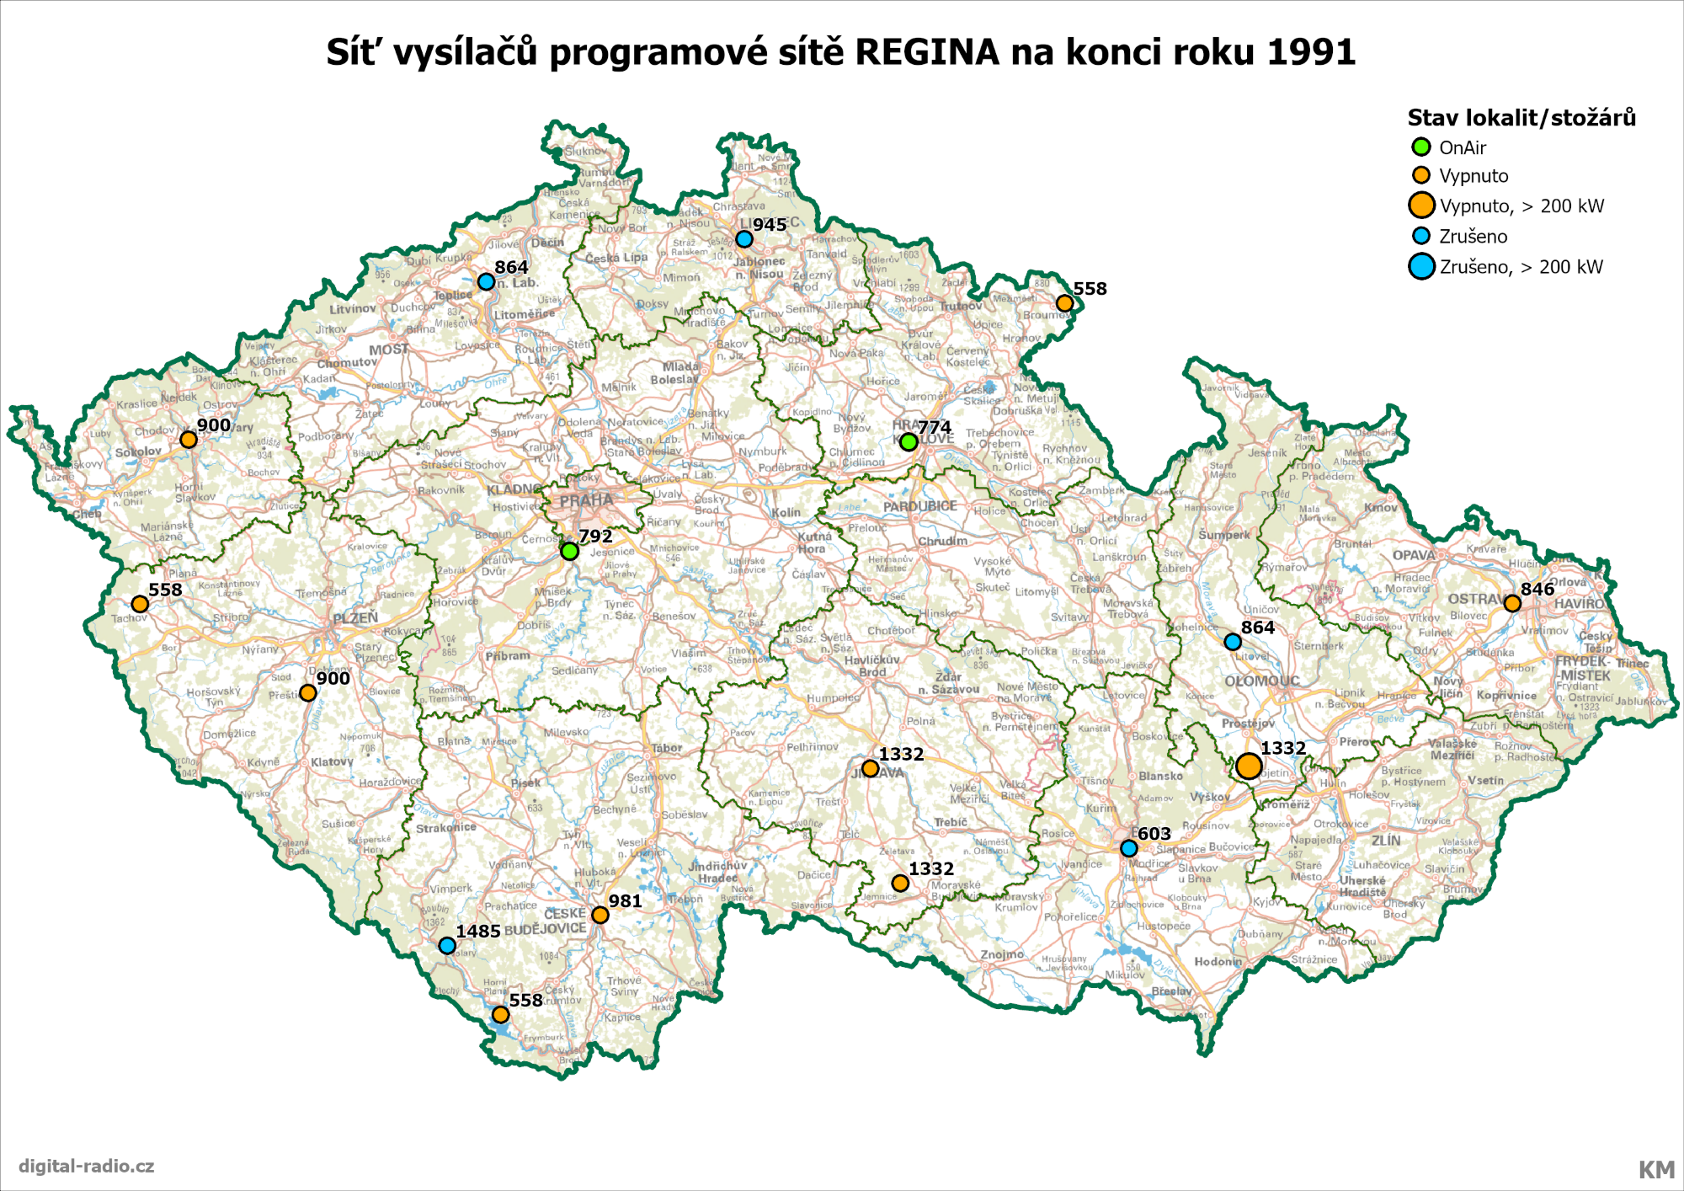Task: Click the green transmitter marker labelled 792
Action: click(x=569, y=551)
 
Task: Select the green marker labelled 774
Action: click(x=908, y=441)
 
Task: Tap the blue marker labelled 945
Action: click(x=743, y=239)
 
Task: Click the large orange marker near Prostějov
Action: click(x=1248, y=766)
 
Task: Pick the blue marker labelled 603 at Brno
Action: click(x=1128, y=848)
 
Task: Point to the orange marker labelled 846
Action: click(x=1511, y=603)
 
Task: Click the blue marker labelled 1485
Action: click(x=447, y=946)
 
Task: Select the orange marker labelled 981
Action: click(x=600, y=915)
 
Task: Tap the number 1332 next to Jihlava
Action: click(x=901, y=754)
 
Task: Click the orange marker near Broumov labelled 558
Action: click(x=1063, y=303)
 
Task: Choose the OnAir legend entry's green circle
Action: click(x=1421, y=147)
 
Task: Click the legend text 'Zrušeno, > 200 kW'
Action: click(x=1521, y=267)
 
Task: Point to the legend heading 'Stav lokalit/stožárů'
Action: click(x=1521, y=118)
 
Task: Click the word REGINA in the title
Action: click(x=927, y=52)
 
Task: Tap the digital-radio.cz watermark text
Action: click(x=87, y=1166)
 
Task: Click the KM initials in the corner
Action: click(x=1655, y=1169)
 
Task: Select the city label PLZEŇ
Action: click(x=355, y=618)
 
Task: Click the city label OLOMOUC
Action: click(x=1261, y=681)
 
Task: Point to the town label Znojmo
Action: click(x=1002, y=954)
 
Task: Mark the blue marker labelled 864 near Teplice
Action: click(x=486, y=281)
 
